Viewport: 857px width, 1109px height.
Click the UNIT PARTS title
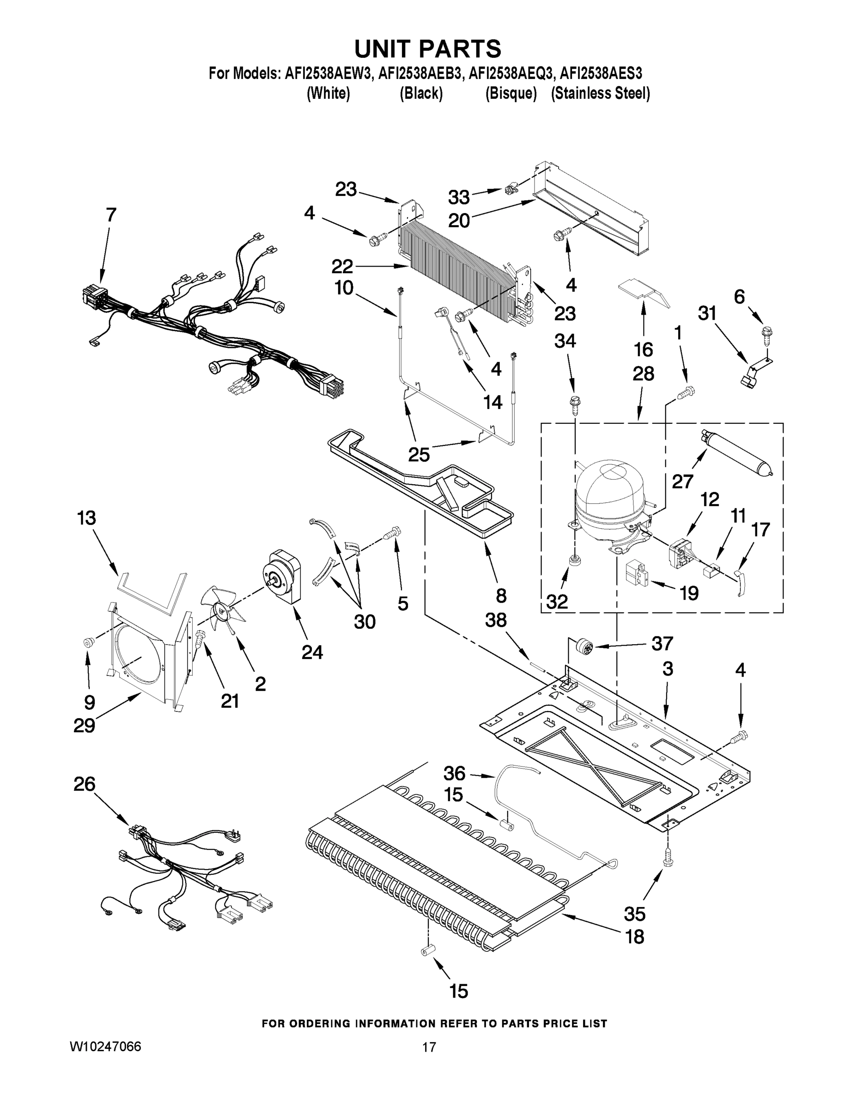(427, 49)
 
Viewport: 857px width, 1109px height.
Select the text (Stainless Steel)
(600, 93)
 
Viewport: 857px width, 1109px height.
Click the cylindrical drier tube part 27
(736, 451)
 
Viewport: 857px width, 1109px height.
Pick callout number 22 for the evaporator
(342, 266)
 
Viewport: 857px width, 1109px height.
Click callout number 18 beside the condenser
(635, 936)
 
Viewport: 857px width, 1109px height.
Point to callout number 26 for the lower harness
(84, 784)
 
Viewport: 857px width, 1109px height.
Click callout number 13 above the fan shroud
(86, 518)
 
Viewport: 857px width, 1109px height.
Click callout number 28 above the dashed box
(643, 374)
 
